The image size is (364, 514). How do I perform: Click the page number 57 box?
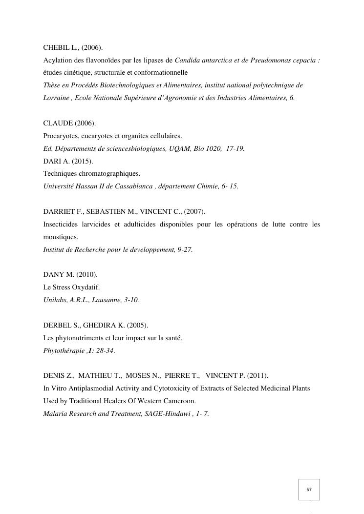pyautogui.click(x=309, y=489)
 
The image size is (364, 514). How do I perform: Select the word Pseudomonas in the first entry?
pyautogui.click(x=270, y=60)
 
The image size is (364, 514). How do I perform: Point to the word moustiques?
pyautogui.click(x=60, y=237)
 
